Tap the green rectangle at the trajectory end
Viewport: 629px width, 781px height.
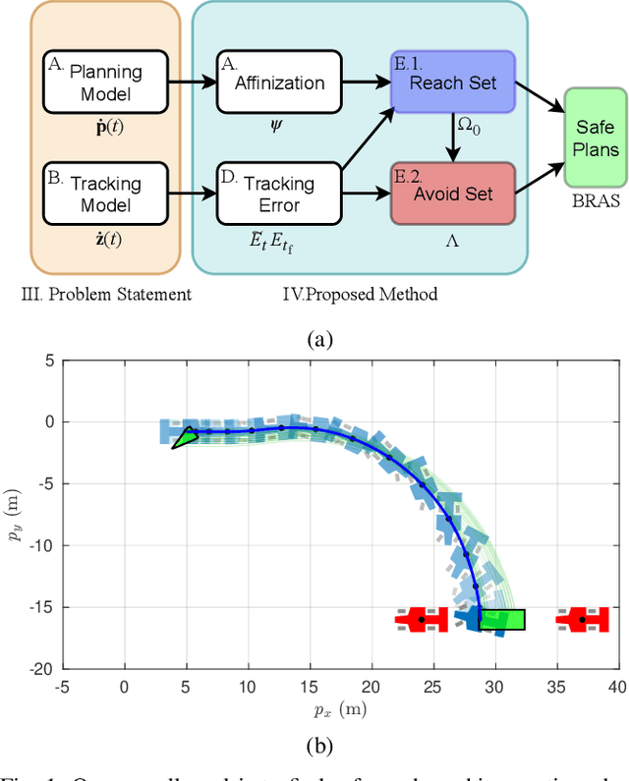click(x=501, y=620)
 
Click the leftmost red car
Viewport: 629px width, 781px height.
click(x=421, y=620)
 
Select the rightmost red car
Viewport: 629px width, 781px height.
click(x=583, y=620)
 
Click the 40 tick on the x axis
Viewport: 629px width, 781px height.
click(x=615, y=685)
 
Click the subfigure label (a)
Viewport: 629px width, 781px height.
click(x=319, y=339)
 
